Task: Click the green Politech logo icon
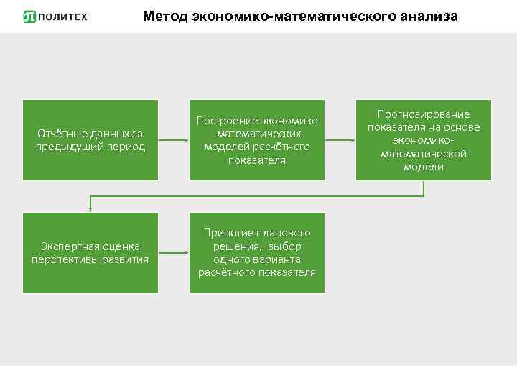(x=29, y=16)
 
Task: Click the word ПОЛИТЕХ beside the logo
(x=63, y=16)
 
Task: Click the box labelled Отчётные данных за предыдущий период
(x=90, y=140)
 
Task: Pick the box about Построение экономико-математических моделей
(x=256, y=140)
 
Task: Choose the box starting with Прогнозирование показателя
(x=424, y=140)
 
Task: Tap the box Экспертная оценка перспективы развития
(x=90, y=252)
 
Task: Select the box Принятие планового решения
(x=256, y=252)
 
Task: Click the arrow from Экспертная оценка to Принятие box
(x=173, y=252)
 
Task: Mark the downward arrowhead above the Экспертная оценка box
(x=90, y=208)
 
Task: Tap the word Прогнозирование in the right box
(x=424, y=114)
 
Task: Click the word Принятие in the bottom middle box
(x=227, y=233)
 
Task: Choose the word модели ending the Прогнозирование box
(x=424, y=167)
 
